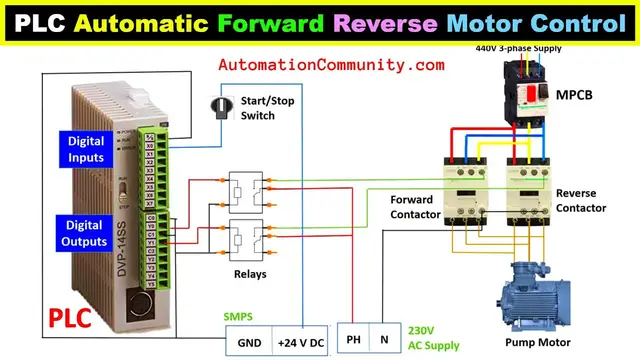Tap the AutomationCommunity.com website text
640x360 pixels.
[x=331, y=65]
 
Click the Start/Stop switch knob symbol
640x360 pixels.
[x=221, y=104]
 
